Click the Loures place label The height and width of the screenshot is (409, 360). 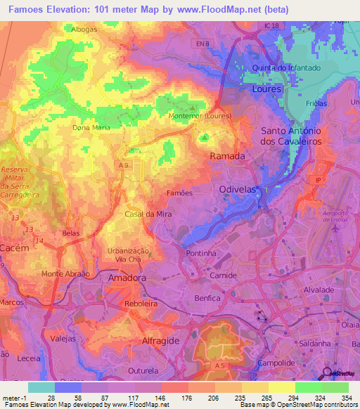[x=266, y=89]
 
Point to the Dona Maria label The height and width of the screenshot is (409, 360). [x=91, y=128]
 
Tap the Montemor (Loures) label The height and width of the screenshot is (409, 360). [x=200, y=116]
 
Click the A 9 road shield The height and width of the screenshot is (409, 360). [x=124, y=164]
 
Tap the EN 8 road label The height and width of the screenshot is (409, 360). [x=222, y=44]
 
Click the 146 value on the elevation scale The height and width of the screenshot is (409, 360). [x=162, y=398]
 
